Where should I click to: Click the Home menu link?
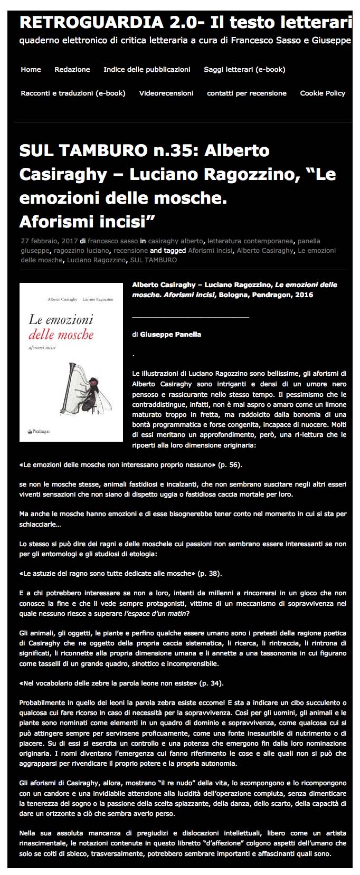pyautogui.click(x=31, y=69)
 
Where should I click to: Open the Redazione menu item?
pyautogui.click(x=72, y=69)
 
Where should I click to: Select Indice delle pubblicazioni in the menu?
pyautogui.click(x=147, y=69)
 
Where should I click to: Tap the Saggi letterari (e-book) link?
pyautogui.click(x=244, y=69)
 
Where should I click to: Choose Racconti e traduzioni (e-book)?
pyautogui.click(x=73, y=93)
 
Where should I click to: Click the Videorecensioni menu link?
pyautogui.click(x=166, y=93)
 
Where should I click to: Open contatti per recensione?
pyautogui.click(x=247, y=93)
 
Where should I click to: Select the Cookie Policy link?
pyautogui.click(x=323, y=93)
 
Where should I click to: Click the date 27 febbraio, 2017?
pyautogui.click(x=49, y=241)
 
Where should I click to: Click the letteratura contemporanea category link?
pyautogui.click(x=256, y=241)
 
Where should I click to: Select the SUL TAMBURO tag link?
pyautogui.click(x=154, y=260)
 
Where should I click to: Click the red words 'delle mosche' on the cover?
pyautogui.click(x=61, y=334)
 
